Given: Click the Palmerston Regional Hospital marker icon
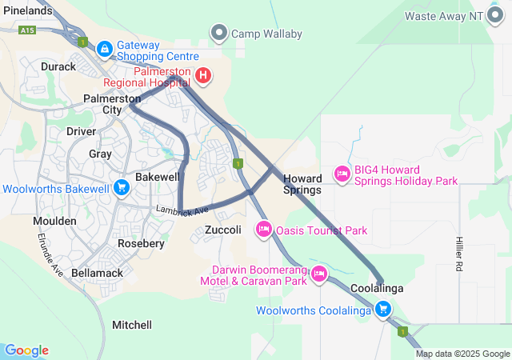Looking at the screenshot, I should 203,76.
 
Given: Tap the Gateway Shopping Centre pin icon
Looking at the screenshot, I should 104,50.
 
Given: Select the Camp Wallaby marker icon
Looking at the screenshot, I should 218,34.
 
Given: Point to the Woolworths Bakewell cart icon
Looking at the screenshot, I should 122,189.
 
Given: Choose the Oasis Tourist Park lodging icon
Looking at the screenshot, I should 263,230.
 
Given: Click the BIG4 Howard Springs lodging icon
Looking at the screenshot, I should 342,174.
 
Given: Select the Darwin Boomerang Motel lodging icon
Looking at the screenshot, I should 319,274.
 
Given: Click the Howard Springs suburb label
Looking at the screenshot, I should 303,184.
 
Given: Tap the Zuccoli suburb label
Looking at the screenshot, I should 223,230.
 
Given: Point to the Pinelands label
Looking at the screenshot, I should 26,10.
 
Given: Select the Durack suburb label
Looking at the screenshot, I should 58,66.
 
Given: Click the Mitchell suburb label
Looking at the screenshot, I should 132,325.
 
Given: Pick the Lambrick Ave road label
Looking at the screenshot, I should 182,210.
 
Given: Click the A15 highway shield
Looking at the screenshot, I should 28,30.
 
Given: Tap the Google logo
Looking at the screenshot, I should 26,350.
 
